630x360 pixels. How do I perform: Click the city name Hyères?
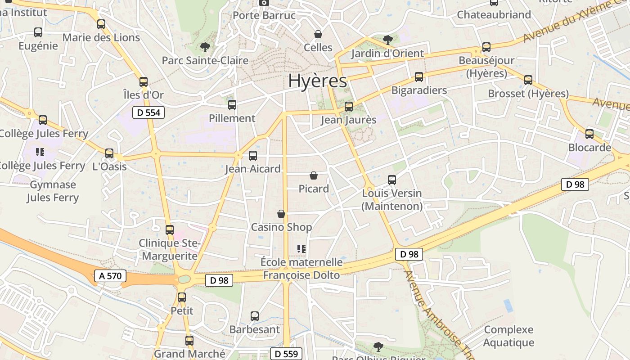pos(318,81)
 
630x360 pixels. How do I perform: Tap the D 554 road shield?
pos(148,112)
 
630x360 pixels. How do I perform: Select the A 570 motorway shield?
pos(110,276)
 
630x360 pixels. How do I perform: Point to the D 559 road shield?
pos(286,354)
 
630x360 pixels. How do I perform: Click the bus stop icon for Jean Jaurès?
pos(349,107)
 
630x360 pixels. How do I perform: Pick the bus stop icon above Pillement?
pos(232,105)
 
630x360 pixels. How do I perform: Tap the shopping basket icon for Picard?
pos(314,175)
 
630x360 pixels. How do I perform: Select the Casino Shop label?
pos(281,227)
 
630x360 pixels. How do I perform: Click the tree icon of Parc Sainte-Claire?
pos(205,47)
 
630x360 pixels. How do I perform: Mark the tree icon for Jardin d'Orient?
pos(387,40)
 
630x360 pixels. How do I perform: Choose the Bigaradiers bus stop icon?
pos(419,77)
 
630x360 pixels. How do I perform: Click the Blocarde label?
pos(589,148)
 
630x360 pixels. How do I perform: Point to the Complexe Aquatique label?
pos(508,336)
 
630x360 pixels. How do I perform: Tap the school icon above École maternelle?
pos(301,248)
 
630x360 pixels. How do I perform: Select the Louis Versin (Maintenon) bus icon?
pos(392,180)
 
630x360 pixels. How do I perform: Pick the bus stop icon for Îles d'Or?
pos(144,82)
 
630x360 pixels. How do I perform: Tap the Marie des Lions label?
pos(101,38)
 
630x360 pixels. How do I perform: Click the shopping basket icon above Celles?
pos(318,34)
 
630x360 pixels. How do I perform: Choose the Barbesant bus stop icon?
pos(255,316)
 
